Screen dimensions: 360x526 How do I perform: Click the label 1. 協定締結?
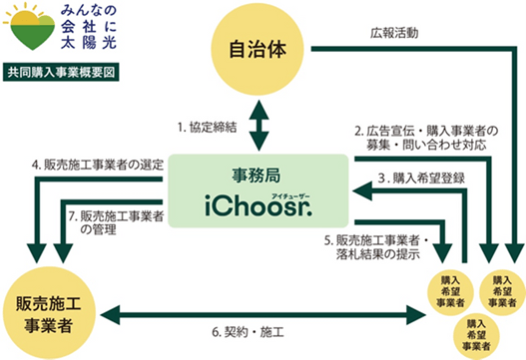tap(208, 128)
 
